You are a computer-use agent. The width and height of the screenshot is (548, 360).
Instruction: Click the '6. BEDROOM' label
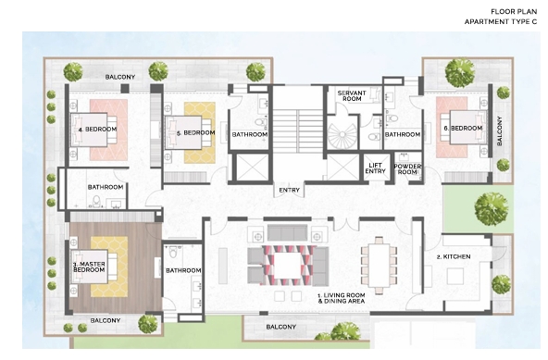[x=463, y=127]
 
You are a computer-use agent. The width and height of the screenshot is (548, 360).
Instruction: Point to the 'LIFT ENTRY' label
[x=376, y=168]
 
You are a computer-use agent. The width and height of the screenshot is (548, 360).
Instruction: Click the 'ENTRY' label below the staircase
[x=287, y=192]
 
